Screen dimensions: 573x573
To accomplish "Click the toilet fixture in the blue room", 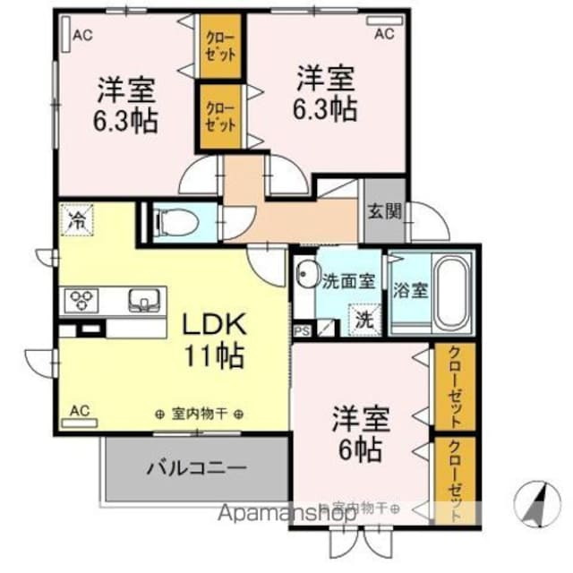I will (169, 220).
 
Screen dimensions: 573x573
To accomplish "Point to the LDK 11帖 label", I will (215, 339).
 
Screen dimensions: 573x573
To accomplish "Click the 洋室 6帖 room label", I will (358, 432).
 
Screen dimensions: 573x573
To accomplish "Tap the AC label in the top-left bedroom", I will (82, 36).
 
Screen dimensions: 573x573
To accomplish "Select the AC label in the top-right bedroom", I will (383, 35).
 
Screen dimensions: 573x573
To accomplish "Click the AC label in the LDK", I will (79, 411).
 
